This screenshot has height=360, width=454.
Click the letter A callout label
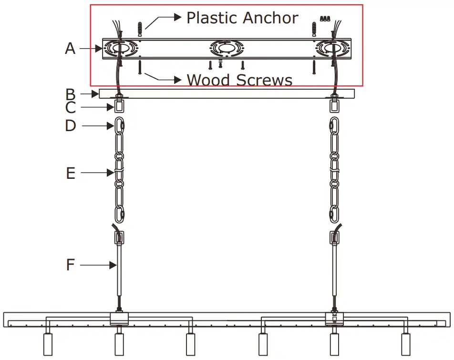point(70,49)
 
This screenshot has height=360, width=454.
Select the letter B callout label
point(70,93)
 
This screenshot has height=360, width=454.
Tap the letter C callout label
point(70,108)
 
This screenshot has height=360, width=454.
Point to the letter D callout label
point(71,126)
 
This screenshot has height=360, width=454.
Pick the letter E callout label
point(71,173)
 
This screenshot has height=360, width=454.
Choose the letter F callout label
point(71,265)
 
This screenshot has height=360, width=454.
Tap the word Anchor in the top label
point(270,18)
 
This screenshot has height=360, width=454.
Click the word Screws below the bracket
point(263,80)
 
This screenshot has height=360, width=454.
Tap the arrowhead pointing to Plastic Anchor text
point(178,18)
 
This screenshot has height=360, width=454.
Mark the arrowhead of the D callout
point(113,126)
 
